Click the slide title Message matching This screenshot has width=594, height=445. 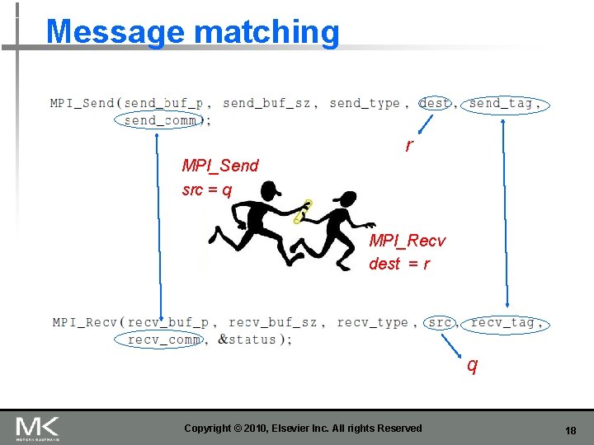(193, 32)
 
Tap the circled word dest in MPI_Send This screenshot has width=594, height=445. (435, 103)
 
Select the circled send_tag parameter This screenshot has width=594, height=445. (505, 103)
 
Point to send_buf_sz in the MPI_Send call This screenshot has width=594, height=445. (266, 103)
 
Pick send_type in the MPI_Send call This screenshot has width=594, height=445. (364, 103)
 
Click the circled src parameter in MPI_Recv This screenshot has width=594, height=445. (441, 322)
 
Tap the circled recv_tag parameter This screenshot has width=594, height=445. (506, 322)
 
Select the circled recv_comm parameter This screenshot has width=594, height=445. (164, 340)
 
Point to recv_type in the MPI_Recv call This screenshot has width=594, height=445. (372, 322)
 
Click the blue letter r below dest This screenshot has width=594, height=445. (408, 146)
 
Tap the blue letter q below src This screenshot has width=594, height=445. (471, 363)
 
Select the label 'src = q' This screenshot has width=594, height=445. (206, 190)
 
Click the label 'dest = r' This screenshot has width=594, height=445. (398, 264)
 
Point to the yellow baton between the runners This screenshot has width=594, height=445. (303, 213)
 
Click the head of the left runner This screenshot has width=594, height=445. (271, 191)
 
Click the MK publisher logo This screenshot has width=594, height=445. (37, 428)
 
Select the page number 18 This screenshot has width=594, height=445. (570, 431)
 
